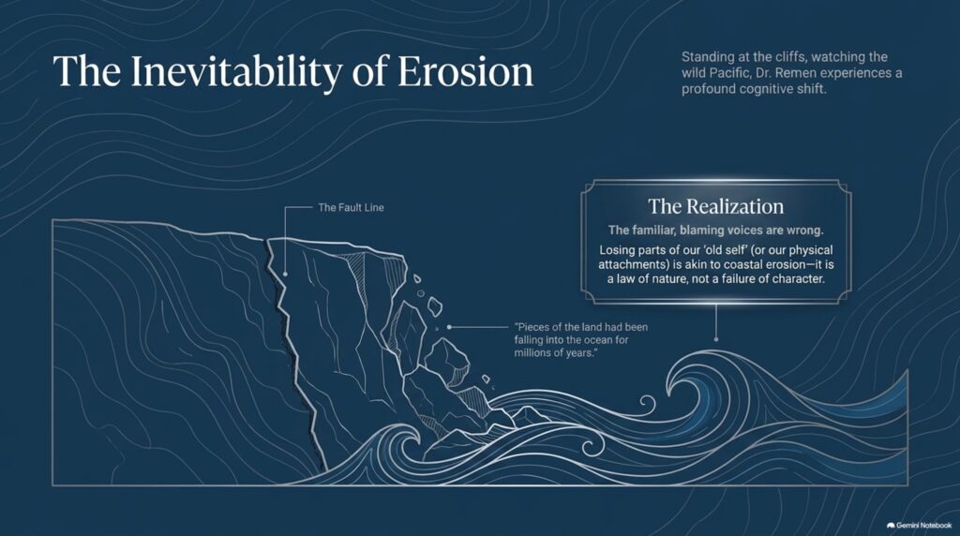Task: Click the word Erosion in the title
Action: click(x=465, y=71)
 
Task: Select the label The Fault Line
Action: click(x=351, y=207)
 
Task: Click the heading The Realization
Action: click(x=715, y=206)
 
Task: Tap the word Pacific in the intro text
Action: click(x=727, y=73)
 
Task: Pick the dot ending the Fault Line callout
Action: click(x=285, y=275)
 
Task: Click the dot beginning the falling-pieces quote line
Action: click(x=449, y=327)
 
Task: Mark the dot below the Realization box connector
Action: click(x=716, y=338)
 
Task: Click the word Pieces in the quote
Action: click(x=533, y=327)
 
